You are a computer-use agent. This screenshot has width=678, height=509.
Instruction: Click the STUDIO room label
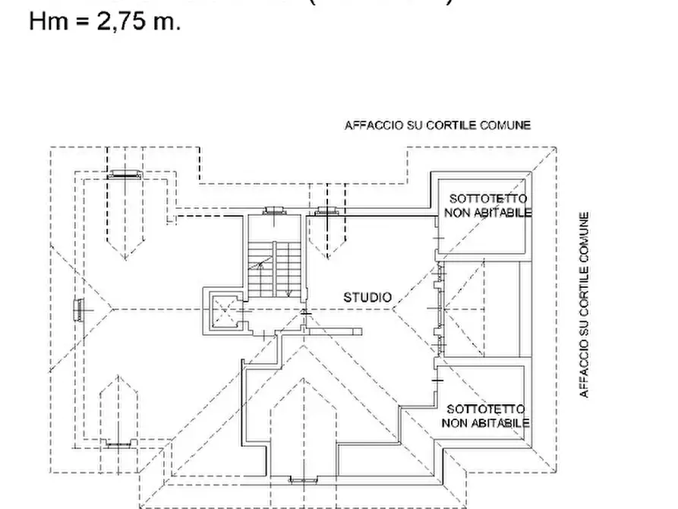(x=367, y=297)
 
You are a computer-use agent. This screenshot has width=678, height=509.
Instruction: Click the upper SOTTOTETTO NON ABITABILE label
(x=487, y=205)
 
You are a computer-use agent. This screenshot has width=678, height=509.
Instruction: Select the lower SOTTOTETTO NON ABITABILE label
(x=486, y=416)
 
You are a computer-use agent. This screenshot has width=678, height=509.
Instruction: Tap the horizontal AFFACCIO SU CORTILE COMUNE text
(x=437, y=125)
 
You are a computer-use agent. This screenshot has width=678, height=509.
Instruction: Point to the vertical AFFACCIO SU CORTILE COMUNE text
(x=584, y=304)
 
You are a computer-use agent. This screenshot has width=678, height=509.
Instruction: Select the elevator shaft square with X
(x=224, y=311)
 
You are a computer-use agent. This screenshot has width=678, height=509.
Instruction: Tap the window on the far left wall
(x=77, y=310)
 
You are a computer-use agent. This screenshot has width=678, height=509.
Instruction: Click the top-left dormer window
(x=123, y=174)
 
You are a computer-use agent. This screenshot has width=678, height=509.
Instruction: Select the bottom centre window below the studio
(x=304, y=479)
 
